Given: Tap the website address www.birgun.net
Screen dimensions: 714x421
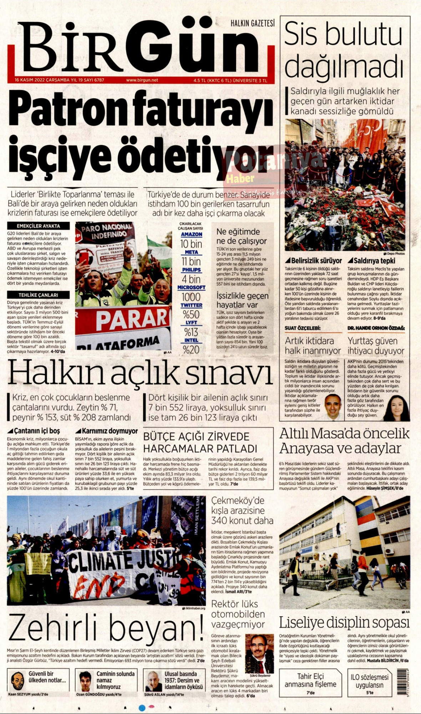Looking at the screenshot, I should coord(142,80).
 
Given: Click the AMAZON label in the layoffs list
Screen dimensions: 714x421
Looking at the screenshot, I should coord(191,235).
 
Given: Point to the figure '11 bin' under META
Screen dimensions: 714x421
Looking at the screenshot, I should coord(191,261).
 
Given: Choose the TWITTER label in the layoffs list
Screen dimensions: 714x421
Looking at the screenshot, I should coord(191,306).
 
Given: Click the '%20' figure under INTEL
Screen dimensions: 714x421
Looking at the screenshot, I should coord(191,350).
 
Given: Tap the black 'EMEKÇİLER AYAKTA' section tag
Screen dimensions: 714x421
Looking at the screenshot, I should coord(39,226).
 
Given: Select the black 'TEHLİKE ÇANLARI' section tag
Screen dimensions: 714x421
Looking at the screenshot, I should coord(39,295).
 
